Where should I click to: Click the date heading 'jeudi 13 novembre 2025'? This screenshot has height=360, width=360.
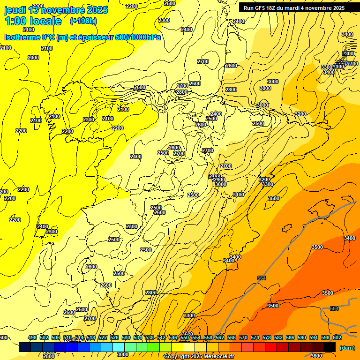pyautogui.click(x=56, y=10)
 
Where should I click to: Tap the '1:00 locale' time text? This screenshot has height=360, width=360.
pyautogui.click(x=33, y=21)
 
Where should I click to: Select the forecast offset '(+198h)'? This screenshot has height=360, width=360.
pyautogui.click(x=83, y=21)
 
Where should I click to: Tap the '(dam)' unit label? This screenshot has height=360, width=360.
pyautogui.click(x=346, y=348)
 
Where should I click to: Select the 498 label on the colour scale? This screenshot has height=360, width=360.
pyautogui.click(x=32, y=337)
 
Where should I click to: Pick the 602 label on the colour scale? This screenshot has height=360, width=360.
pyautogui.click(x=337, y=337)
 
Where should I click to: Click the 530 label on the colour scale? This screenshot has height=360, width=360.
pyautogui.click(x=126, y=337)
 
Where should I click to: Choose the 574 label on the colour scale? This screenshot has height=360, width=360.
pyautogui.click(x=255, y=337)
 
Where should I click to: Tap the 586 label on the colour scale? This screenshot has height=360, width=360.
pyautogui.click(x=290, y=337)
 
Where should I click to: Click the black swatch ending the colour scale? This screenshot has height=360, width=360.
pyautogui.click(x=330, y=347)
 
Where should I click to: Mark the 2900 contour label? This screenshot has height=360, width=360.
pyautogui.click(x=219, y=180)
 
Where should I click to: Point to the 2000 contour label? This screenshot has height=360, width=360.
pyautogui.click(x=33, y=58)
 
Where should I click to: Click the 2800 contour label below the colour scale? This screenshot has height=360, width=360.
pyautogui.click(x=48, y=356)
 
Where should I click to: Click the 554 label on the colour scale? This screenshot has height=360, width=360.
pyautogui.click(x=196, y=337)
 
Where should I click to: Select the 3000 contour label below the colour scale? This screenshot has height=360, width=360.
pyautogui.click(x=122, y=355)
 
